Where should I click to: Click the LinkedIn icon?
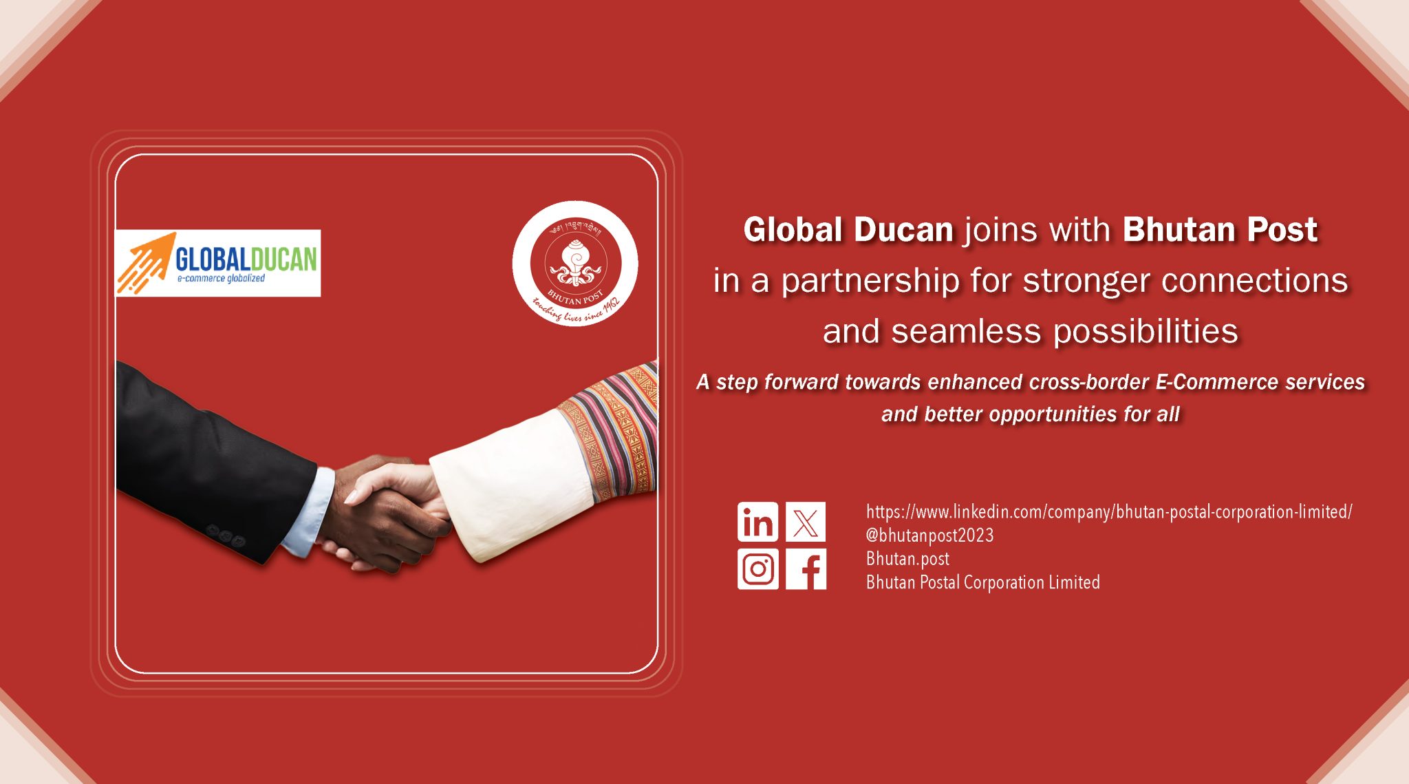pos(757,522)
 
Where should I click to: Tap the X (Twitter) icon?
pos(806,522)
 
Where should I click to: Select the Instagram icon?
pos(757,569)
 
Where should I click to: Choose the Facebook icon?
pos(806,569)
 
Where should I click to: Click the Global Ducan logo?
pos(217,263)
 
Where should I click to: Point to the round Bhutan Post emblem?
pos(575,263)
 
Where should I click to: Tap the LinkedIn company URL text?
pos(1109,512)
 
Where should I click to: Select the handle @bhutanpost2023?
pos(929,536)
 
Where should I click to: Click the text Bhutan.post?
pos(907,559)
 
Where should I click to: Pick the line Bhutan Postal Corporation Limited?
pos(982,582)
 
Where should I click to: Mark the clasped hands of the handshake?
pos(389,513)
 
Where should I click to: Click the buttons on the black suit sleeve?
pos(226,536)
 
